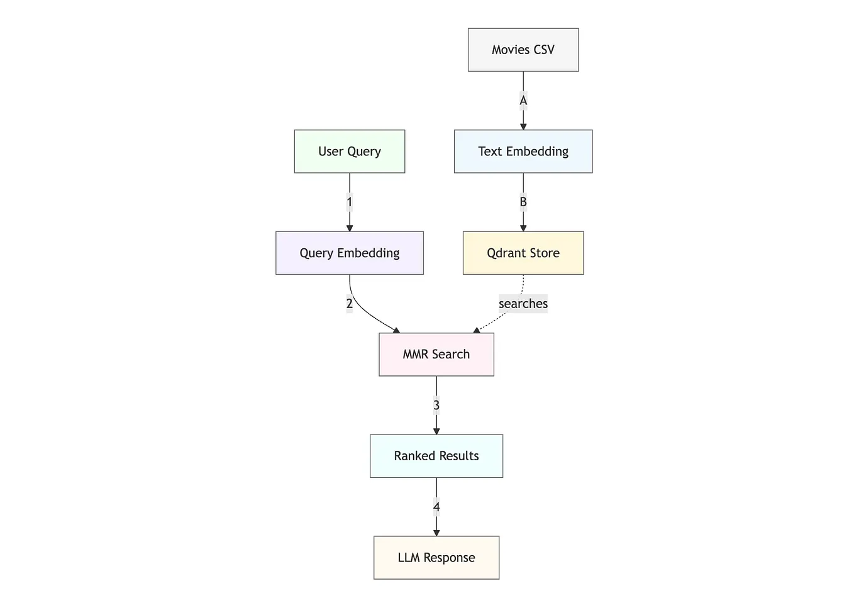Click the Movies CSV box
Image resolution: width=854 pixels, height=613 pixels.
tap(523, 50)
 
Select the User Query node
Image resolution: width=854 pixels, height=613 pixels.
tap(350, 152)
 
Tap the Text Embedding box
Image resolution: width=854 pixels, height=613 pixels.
tap(523, 152)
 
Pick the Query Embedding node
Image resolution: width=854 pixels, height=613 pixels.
tap(350, 253)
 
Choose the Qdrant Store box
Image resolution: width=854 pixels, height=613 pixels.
tap(523, 253)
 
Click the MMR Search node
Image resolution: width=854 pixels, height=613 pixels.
tap(436, 355)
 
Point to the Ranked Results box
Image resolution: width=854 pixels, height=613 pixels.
tap(436, 456)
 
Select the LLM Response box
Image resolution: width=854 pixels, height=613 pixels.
tap(436, 558)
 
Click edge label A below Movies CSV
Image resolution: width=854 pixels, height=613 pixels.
tap(523, 101)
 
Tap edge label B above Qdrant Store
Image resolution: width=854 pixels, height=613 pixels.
tap(523, 202)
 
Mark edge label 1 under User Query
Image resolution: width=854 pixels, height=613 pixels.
tap(350, 202)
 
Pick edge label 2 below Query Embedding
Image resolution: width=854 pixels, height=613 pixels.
tap(350, 304)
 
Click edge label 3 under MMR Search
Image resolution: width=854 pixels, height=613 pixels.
tap(436, 406)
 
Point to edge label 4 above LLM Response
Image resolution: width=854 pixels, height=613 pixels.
tap(436, 507)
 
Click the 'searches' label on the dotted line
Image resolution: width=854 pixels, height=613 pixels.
tap(523, 304)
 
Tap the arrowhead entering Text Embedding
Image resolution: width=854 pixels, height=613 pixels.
tap(523, 126)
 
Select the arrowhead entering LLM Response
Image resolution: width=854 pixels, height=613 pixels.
tap(436, 533)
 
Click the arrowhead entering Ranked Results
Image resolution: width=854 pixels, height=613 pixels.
tap(436, 431)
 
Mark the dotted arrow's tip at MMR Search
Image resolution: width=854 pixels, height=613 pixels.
tap(477, 330)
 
